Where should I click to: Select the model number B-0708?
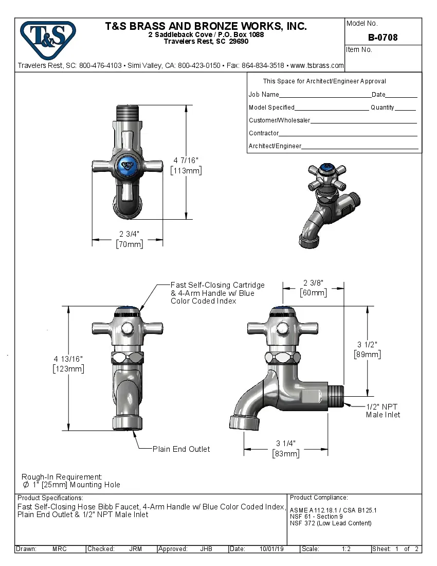[x=383, y=38]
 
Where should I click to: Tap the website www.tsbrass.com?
[x=317, y=65]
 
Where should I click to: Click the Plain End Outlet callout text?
[x=181, y=449]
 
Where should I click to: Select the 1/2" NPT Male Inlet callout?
[x=383, y=411]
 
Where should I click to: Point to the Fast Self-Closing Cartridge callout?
[x=217, y=293]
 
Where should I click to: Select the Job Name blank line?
[x=324, y=95]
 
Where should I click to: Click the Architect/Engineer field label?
[x=275, y=146]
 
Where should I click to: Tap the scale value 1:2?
[x=346, y=549]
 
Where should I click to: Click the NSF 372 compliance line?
[x=331, y=523]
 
